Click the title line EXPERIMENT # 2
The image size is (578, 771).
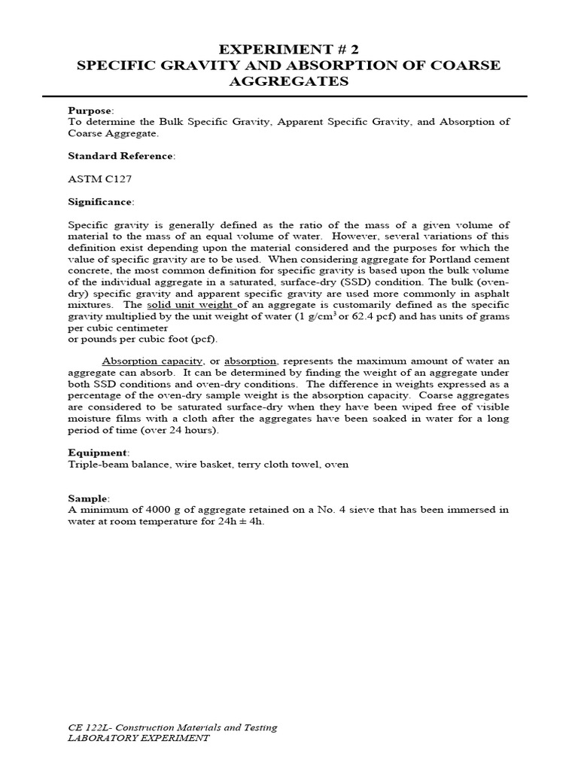point(289,50)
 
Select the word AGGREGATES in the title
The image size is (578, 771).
point(289,81)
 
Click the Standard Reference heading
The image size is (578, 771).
point(120,156)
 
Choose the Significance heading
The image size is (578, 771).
point(101,202)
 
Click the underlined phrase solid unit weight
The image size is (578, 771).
point(192,304)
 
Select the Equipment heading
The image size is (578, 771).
point(98,453)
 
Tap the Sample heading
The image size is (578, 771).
point(88,498)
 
